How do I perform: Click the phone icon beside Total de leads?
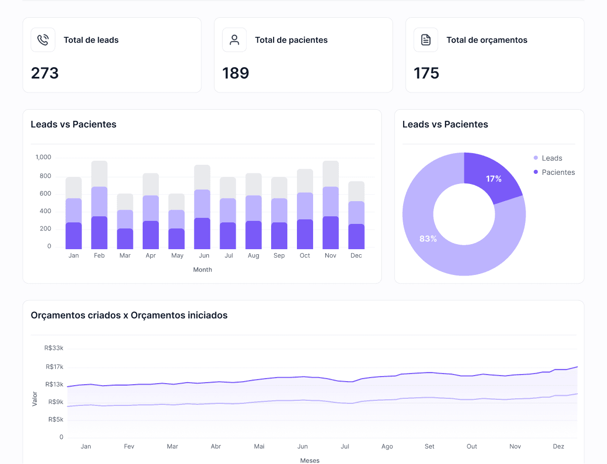tap(43, 40)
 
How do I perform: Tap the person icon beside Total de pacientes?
tap(234, 40)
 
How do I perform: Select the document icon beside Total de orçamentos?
tap(426, 40)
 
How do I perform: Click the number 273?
tap(45, 73)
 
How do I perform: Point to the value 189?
tap(236, 73)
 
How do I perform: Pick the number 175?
tap(426, 73)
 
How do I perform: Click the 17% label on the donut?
tap(494, 179)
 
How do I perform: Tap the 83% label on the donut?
tap(428, 239)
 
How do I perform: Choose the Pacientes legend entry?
tap(554, 172)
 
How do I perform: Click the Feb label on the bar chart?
tap(99, 256)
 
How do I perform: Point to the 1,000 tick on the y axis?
tap(44, 158)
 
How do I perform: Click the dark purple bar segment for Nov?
tap(330, 233)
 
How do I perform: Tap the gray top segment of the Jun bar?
tap(202, 177)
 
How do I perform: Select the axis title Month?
tap(202, 270)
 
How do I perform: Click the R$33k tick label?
tap(54, 348)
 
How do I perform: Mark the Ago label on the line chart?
tap(387, 447)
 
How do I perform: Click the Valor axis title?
tap(35, 398)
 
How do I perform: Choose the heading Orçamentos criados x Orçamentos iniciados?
tap(129, 315)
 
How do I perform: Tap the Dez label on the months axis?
tap(558, 447)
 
